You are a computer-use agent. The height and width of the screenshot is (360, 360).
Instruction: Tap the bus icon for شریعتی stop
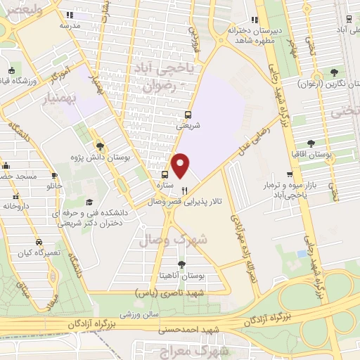187,115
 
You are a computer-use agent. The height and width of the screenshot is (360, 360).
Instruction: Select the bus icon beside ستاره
165,175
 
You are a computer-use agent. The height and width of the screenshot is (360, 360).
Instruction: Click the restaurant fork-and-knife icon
185,191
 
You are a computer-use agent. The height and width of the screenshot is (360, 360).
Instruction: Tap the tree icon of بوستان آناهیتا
181,264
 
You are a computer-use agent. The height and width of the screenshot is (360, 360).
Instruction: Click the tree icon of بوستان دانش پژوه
101,146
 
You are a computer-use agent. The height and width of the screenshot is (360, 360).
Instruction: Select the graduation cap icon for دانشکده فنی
89,202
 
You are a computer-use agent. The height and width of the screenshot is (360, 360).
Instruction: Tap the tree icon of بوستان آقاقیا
295,139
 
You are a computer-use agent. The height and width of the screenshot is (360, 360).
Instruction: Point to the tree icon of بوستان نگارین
333,72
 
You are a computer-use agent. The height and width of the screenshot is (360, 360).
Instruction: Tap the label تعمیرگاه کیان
37,252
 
